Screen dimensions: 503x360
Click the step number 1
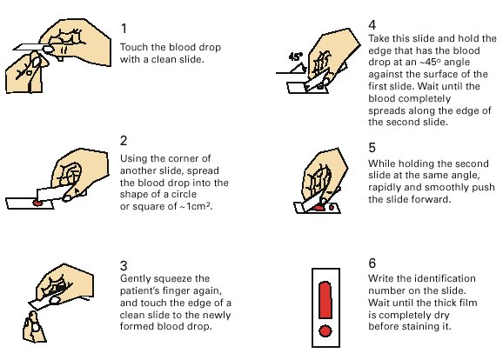pos(124,29)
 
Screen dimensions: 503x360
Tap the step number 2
pos(124,141)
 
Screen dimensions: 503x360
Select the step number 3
pos(124,265)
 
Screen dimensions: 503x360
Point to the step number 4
pos(372,25)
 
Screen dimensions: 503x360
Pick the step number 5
pos(372,148)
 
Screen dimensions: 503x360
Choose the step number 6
pos(372,263)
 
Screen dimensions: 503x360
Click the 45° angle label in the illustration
pos(296,57)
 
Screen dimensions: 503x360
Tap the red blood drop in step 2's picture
pos(37,203)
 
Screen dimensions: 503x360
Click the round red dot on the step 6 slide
pos(325,330)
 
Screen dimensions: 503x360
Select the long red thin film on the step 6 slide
pos(325,300)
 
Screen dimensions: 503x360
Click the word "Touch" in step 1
pos(134,47)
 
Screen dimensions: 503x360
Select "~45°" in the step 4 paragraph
pos(431,62)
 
